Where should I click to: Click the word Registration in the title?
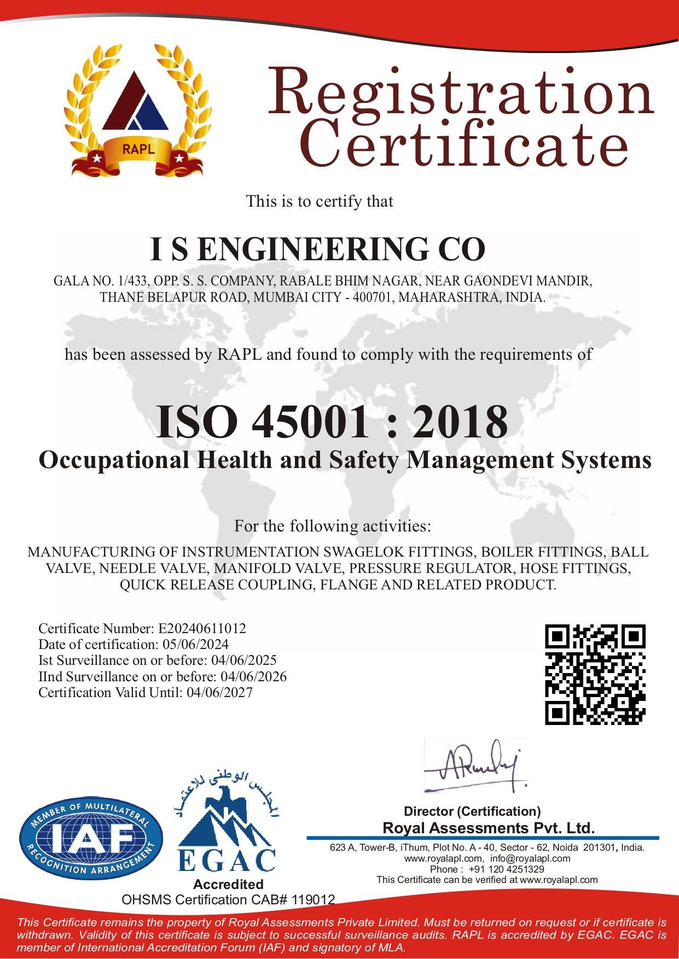pyautogui.click(x=461, y=91)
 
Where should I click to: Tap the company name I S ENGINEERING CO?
pyautogui.click(x=318, y=249)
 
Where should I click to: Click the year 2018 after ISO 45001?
pyautogui.click(x=460, y=422)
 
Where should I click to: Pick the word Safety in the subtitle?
pyautogui.click(x=364, y=460)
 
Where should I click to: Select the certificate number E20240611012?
pyautogui.click(x=202, y=629)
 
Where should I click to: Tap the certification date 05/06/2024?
pyautogui.click(x=195, y=645)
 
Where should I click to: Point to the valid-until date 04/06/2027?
pyautogui.click(x=220, y=693)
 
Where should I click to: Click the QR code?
pyautogui.click(x=595, y=675)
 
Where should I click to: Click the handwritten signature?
pyautogui.click(x=475, y=765)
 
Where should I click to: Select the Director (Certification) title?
pyautogui.click(x=472, y=811)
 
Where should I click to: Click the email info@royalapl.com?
pyautogui.click(x=530, y=858)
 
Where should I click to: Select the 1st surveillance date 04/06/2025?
pyautogui.click(x=243, y=660)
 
